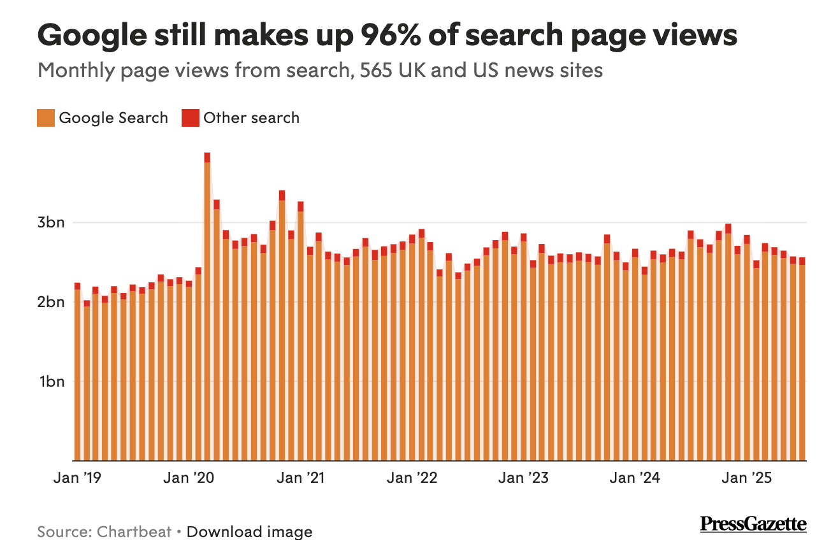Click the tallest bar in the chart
pyautogui.click(x=207, y=306)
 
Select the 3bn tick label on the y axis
pyautogui.click(x=51, y=223)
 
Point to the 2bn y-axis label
pyautogui.click(x=51, y=302)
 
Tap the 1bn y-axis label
pyautogui.click(x=51, y=382)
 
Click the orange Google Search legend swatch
pyautogui.click(x=46, y=118)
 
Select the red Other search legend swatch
pyautogui.click(x=190, y=118)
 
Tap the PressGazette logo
pyautogui.click(x=753, y=524)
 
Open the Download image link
pyautogui.click(x=250, y=531)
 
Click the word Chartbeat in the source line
pyautogui.click(x=134, y=531)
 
